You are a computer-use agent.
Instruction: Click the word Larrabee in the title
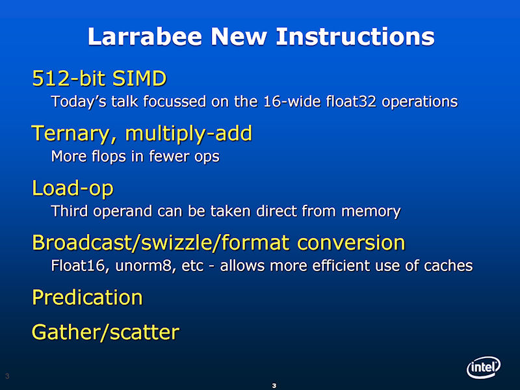[x=145, y=36]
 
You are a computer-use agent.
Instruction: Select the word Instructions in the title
[x=355, y=36]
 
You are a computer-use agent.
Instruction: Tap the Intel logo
[x=484, y=367]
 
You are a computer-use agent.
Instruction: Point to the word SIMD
[x=139, y=79]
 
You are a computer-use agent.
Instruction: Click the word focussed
[x=175, y=101]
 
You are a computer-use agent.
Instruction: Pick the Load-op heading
[x=73, y=188]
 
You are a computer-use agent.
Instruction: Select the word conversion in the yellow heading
[x=351, y=242]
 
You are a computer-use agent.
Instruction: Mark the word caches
[x=448, y=266]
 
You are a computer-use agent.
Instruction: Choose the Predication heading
[x=87, y=297]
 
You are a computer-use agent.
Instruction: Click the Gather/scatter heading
[x=105, y=332]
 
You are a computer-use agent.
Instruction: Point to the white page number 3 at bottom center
[x=274, y=385]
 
